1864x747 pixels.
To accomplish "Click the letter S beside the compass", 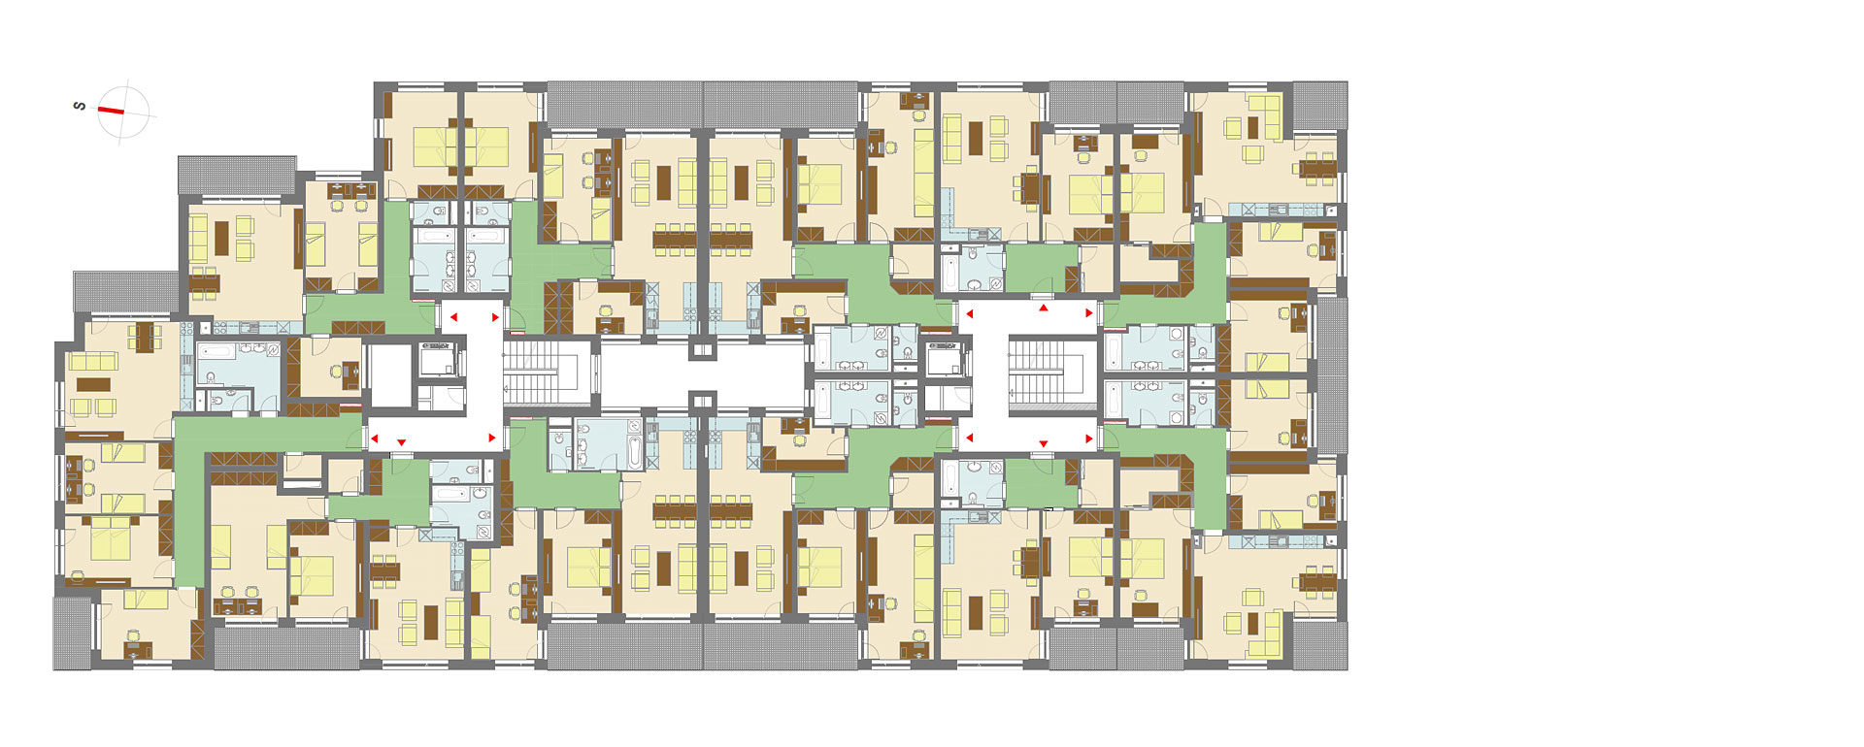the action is (x=80, y=106).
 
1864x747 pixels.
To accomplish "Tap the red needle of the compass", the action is (x=111, y=111).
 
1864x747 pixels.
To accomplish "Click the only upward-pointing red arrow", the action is (x=1044, y=308).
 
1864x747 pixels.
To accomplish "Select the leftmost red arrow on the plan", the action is (x=375, y=438).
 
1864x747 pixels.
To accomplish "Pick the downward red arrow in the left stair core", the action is (x=401, y=443).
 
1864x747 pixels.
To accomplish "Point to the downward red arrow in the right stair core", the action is (x=1044, y=443).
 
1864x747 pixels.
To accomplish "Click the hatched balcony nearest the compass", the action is (x=238, y=175).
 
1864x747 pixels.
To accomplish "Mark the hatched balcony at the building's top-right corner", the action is (x=1319, y=105).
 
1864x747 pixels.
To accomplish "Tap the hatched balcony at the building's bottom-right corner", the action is (x=1319, y=645).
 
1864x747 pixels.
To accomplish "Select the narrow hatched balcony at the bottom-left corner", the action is (x=72, y=633).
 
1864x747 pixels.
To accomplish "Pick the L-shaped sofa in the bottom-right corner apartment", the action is (x=1266, y=634).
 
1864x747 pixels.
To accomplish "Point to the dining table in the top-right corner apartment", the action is (x=1318, y=168).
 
